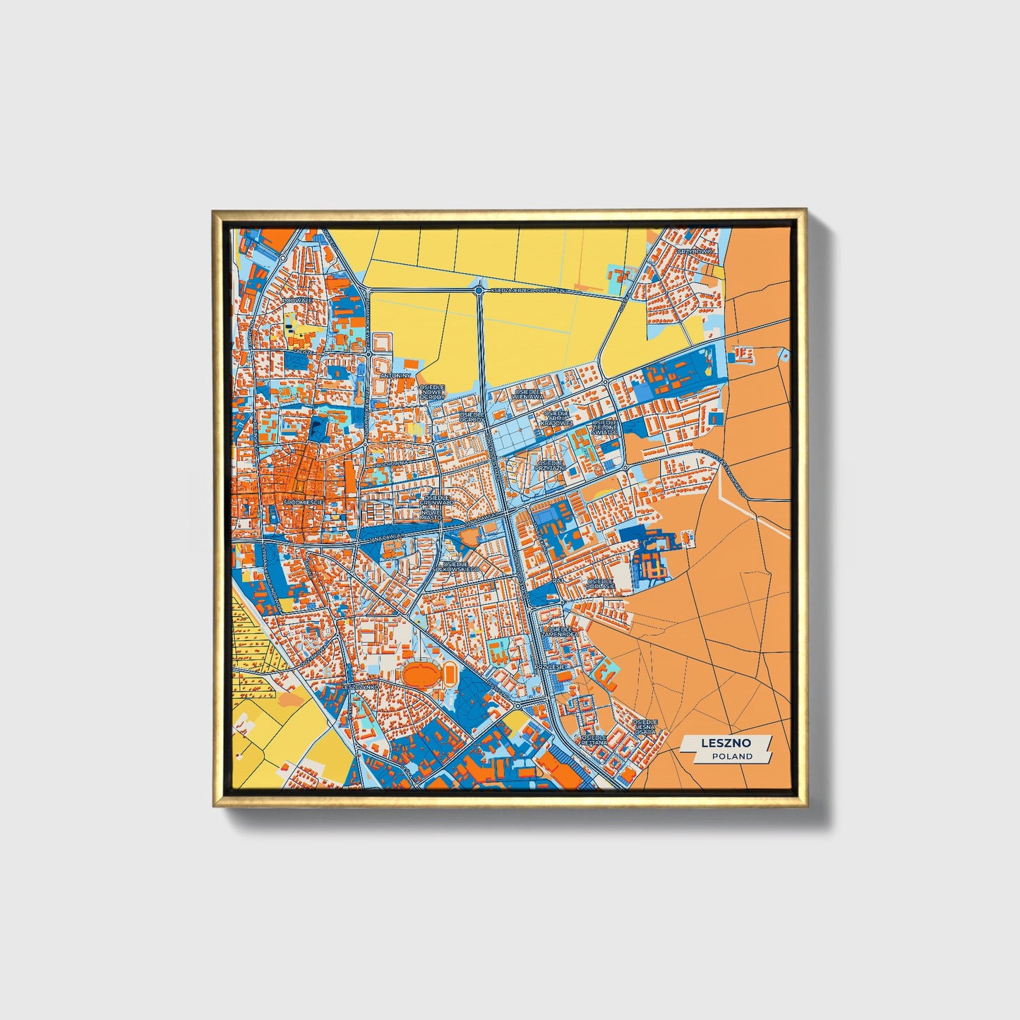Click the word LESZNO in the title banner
point(726,743)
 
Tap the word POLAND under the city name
point(732,756)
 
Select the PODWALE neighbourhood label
point(296,301)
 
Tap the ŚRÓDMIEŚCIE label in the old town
point(303,502)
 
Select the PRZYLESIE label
point(551,666)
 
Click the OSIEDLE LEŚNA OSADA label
point(645,727)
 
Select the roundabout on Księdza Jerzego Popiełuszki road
point(479,290)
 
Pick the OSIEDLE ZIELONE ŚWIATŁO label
point(604,427)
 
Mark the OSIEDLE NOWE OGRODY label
point(432,392)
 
